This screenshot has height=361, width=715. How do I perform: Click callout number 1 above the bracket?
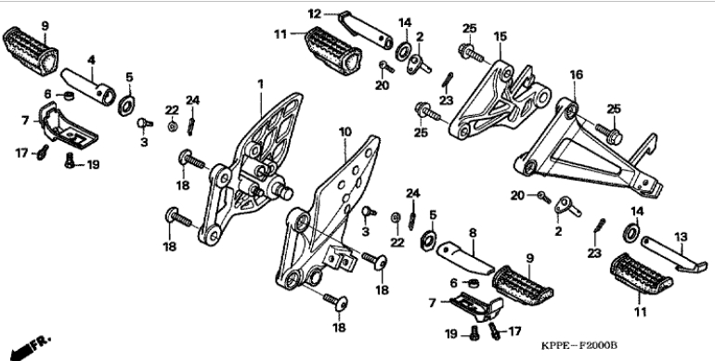260,84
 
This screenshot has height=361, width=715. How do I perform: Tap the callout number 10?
345,132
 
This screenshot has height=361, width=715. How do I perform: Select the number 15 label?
500,36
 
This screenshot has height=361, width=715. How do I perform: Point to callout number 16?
577,74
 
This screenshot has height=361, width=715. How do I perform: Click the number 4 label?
91,59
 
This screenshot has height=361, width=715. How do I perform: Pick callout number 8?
473,233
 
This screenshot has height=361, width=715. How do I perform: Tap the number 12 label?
315,14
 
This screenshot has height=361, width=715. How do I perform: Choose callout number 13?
681,237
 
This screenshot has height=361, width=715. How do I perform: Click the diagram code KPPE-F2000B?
579,345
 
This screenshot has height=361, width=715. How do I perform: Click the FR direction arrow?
29,346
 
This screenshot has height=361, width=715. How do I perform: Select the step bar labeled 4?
88,86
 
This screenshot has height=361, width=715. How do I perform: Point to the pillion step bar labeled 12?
366,30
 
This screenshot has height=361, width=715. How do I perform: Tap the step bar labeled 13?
673,254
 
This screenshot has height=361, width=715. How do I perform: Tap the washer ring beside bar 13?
631,232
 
